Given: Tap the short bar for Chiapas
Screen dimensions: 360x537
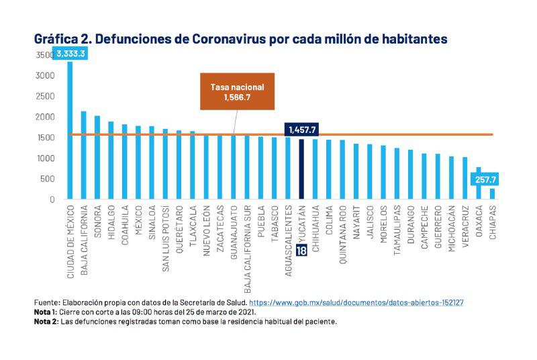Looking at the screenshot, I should click(492, 193).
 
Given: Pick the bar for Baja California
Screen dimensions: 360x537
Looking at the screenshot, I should click(83, 155).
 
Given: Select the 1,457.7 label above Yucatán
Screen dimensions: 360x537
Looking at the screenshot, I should click(301, 130).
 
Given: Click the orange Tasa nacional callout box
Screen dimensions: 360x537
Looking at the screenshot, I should click(237, 92).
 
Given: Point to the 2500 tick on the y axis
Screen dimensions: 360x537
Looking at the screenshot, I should click(44, 96).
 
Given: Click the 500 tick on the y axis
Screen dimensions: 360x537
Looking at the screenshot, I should click(46, 179).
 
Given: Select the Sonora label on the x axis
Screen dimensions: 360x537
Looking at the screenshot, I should click(97, 222).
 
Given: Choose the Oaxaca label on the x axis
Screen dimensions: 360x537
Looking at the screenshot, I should click(479, 222).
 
